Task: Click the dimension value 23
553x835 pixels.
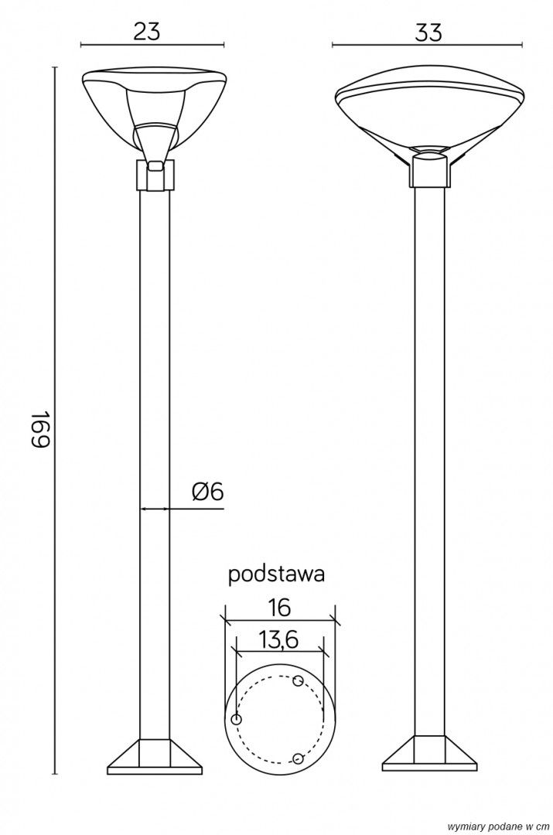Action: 146,32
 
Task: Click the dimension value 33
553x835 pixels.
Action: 428,33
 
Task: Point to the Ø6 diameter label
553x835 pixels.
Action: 208,492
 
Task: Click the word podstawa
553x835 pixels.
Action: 277,575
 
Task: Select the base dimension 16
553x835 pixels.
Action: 279,607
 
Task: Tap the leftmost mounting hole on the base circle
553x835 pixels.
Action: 237,720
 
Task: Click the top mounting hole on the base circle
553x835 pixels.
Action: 299,680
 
